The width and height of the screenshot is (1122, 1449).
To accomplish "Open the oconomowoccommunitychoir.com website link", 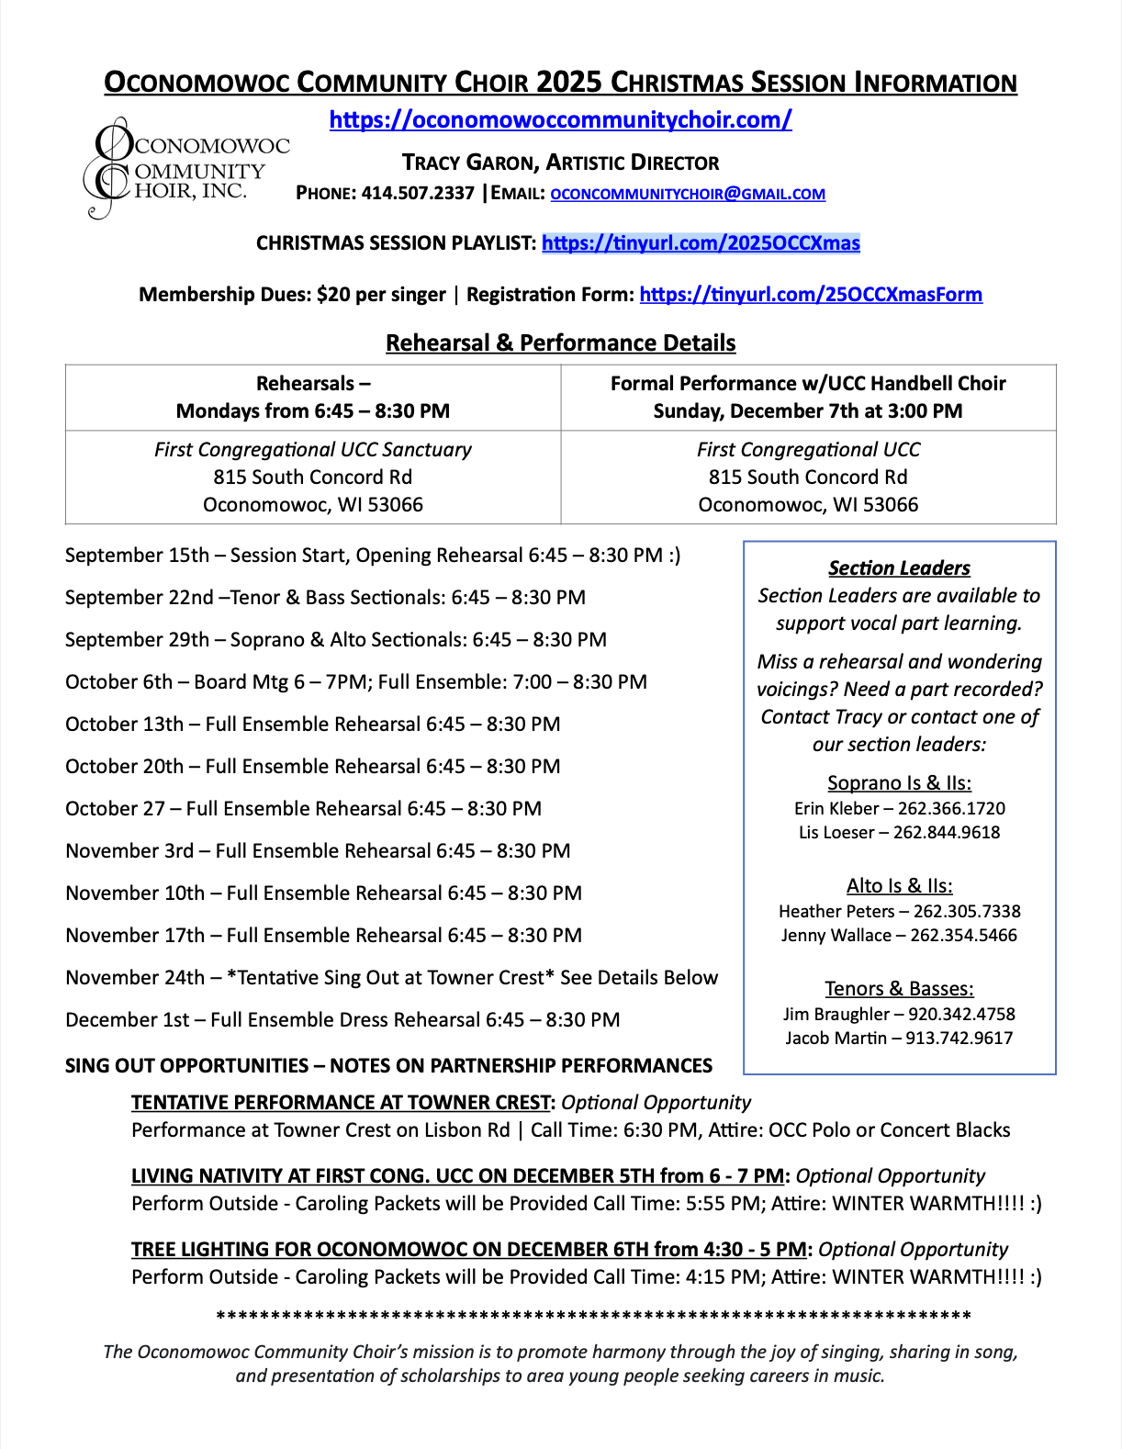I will coord(560,119).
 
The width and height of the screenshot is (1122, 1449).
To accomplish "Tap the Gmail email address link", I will coord(688,194).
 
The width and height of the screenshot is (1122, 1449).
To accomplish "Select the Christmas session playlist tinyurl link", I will coord(701,243).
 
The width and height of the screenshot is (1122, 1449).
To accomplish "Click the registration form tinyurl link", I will coord(811,295).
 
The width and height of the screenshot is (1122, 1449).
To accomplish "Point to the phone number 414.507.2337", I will coord(418,193).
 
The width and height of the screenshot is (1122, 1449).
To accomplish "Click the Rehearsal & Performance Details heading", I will coord(560,343).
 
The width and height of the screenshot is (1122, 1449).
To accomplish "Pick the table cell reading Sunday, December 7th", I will coord(808,411).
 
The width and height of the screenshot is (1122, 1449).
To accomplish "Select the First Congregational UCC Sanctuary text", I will coord(313,450).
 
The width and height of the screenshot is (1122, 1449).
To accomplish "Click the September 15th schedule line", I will coord(373,556).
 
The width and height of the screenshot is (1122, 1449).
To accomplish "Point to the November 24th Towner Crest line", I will coord(391,978).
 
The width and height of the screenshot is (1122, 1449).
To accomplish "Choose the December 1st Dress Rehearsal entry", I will coord(342,1020).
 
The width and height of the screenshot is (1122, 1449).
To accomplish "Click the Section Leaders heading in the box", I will coord(899,568).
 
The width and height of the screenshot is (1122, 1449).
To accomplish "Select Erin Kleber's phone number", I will coord(951,809).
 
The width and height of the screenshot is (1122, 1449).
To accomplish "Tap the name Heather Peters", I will coord(836,912).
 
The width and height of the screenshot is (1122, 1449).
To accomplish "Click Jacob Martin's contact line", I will coord(899,1039).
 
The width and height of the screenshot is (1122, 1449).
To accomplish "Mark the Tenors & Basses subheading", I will coord(899,989).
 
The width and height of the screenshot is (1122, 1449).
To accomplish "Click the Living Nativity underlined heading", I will coord(457,1176).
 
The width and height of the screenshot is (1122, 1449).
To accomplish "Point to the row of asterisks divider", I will coord(593,1318).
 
